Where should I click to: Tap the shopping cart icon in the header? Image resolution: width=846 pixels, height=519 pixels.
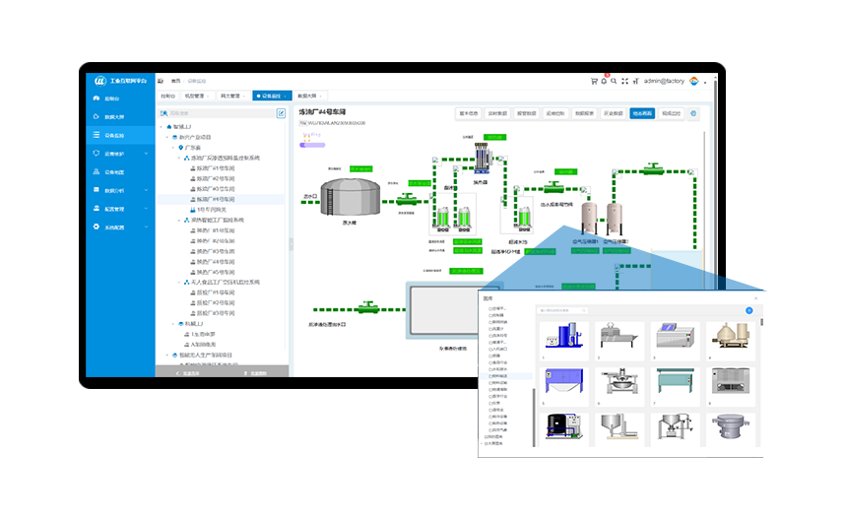[593, 81]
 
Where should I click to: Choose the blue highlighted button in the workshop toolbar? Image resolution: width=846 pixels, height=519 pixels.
[641, 113]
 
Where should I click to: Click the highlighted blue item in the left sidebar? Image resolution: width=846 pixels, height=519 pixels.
[117, 135]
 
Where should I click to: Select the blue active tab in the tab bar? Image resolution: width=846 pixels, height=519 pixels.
[272, 97]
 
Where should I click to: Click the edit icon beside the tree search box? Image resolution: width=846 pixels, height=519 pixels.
[281, 113]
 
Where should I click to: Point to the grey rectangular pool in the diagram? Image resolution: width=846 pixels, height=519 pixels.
[441, 313]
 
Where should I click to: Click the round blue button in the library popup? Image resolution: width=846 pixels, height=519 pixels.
[748, 310]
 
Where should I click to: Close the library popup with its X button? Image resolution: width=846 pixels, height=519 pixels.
[755, 296]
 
